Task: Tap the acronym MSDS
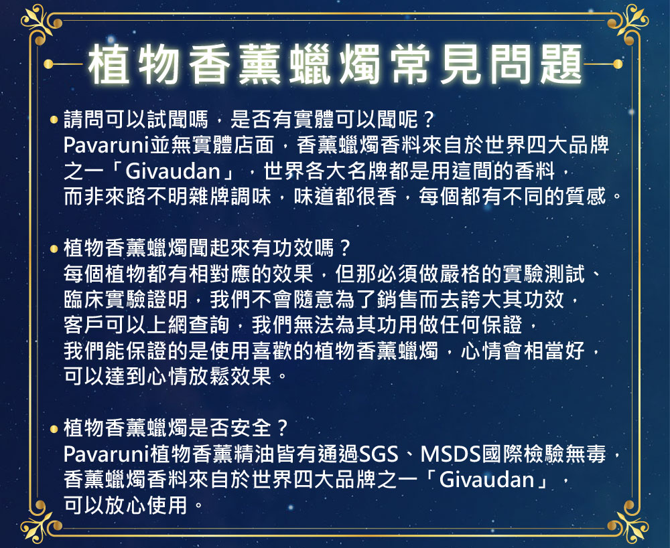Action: (x=451, y=454)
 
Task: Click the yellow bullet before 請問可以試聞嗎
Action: (x=54, y=120)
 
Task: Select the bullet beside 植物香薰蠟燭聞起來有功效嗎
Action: (x=54, y=248)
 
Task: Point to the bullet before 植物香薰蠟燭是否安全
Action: (x=54, y=428)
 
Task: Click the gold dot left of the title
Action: (x=48, y=64)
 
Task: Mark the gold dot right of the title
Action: (x=618, y=64)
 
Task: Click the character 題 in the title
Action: (x=561, y=64)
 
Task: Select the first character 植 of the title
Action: (x=109, y=64)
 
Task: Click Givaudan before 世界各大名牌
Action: (x=173, y=171)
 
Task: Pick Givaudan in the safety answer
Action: (x=486, y=480)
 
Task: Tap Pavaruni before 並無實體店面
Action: (x=106, y=146)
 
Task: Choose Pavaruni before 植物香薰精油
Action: (x=106, y=454)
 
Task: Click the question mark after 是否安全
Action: (x=283, y=428)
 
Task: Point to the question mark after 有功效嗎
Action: (x=345, y=248)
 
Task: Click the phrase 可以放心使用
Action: (x=125, y=505)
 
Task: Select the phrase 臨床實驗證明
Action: (x=125, y=300)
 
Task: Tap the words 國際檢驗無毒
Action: (x=544, y=454)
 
